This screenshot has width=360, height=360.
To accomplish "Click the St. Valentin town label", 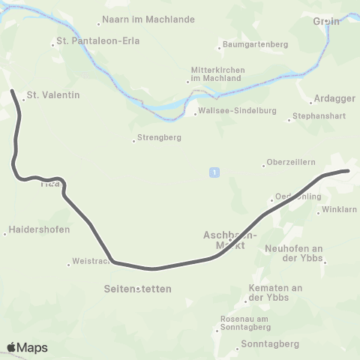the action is (x=52, y=95).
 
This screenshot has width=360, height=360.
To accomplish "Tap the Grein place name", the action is (x=326, y=22).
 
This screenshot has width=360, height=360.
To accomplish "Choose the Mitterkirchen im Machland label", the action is (x=217, y=75).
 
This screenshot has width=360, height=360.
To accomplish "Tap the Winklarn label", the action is (x=338, y=210).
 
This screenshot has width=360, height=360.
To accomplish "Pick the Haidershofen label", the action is (x=40, y=230).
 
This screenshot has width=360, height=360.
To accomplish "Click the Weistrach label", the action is (x=91, y=261).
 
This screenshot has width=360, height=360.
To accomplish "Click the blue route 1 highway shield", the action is (x=214, y=172).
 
